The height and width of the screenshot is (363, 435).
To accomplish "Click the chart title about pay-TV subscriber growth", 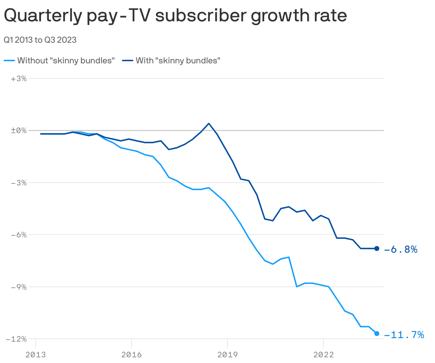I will coord(175,16).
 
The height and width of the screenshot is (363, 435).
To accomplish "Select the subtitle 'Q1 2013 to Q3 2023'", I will coord(40,40).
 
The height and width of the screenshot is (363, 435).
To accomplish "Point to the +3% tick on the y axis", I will coord(19,79).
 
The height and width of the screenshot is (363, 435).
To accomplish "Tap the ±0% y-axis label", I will coord(19,131).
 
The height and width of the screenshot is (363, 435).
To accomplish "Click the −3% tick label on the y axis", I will coord(19,183).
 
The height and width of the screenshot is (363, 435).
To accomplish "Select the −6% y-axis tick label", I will coord(19,235).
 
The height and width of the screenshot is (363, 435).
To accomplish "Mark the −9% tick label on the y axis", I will coord(19,287).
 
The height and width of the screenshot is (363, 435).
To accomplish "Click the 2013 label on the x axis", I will coord(36,354).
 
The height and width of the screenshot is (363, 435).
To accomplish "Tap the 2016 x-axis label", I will coord(131,354).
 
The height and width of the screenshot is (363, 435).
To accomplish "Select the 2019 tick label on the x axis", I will coord(227,354).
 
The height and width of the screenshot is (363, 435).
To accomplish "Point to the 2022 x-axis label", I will coord(323,354).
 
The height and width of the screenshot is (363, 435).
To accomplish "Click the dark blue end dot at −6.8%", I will coord(377,248).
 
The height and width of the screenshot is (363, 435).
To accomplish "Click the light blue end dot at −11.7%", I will coord(377,333).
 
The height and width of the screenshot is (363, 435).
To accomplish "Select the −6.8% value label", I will coord(401,249).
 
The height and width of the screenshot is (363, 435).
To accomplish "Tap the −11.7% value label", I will coord(404,335).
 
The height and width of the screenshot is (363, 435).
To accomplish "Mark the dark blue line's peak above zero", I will coord(209,123).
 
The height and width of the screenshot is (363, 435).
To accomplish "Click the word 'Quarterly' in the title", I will coord(42,16).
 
